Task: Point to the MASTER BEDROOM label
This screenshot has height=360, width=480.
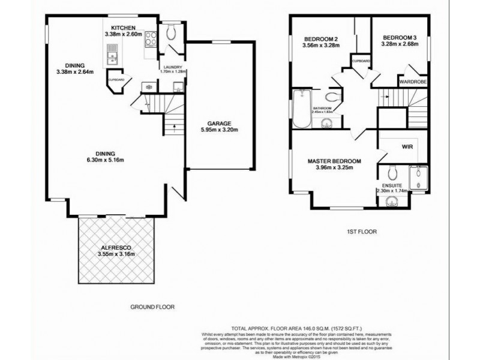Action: click(x=334, y=161)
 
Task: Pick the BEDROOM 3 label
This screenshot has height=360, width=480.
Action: click(x=399, y=38)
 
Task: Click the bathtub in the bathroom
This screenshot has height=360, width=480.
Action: click(x=300, y=108)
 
